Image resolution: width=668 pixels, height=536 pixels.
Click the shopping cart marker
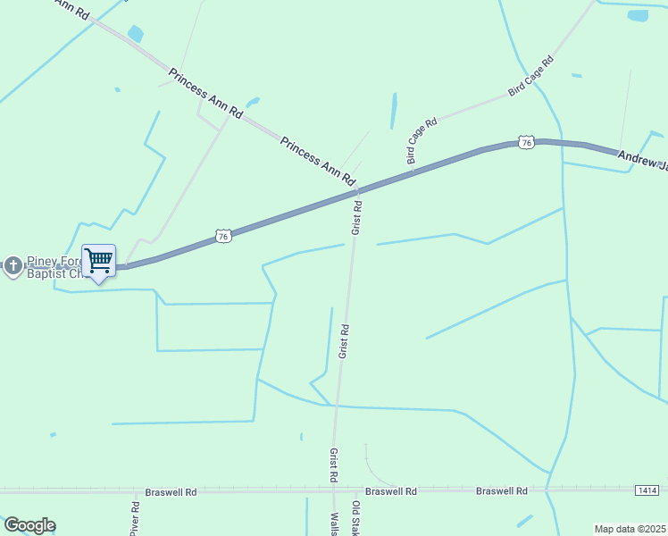[x=98, y=261]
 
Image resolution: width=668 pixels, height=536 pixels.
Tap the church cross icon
[x=13, y=265]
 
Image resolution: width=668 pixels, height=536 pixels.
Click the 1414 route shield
[x=648, y=490]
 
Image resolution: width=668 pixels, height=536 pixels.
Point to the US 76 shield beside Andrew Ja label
[x=526, y=142]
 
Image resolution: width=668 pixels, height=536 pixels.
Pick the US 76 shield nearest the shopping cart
[x=223, y=236]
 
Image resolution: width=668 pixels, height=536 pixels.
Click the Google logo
[x=29, y=525]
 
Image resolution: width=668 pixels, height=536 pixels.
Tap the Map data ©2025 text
[x=630, y=529]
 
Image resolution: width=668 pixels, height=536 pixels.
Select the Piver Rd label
[x=135, y=518]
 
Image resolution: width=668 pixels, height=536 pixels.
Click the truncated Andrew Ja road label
[x=642, y=159]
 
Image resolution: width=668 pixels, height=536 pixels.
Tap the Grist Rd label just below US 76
[x=356, y=217]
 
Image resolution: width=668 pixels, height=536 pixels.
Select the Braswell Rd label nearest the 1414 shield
[x=501, y=491]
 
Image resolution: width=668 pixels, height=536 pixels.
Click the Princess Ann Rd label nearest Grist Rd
[x=317, y=161]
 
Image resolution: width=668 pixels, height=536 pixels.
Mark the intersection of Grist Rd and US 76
[x=358, y=190]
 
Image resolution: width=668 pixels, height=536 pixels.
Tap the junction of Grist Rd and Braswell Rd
[x=334, y=490]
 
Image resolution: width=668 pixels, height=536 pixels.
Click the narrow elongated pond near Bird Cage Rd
[x=394, y=111]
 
